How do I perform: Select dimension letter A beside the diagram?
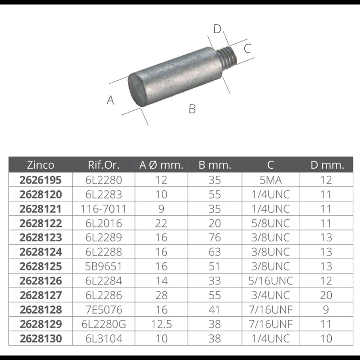(x=110, y=100)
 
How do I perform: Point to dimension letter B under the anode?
(x=192, y=109)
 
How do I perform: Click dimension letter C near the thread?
(x=247, y=48)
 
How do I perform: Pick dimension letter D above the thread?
(x=218, y=29)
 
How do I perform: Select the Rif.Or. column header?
(x=103, y=165)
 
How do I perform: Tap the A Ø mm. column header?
(x=161, y=165)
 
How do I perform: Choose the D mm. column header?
(x=327, y=165)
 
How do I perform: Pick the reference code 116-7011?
(x=103, y=209)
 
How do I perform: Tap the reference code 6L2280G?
(x=103, y=324)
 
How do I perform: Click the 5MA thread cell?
(x=270, y=180)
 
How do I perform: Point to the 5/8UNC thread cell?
(x=270, y=223)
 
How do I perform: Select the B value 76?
(x=215, y=238)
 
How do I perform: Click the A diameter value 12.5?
(x=161, y=324)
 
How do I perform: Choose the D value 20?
(x=327, y=295)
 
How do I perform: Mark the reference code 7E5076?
(x=103, y=310)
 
